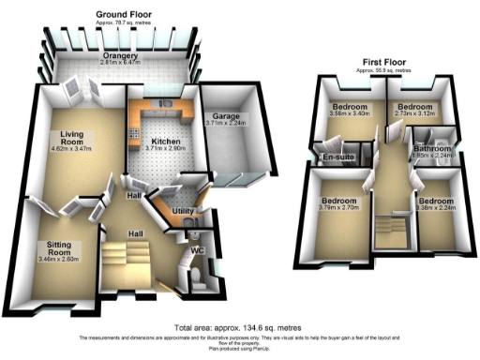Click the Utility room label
[x=183, y=212]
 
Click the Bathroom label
[x=433, y=149]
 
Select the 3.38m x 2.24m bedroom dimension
[x=435, y=210]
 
